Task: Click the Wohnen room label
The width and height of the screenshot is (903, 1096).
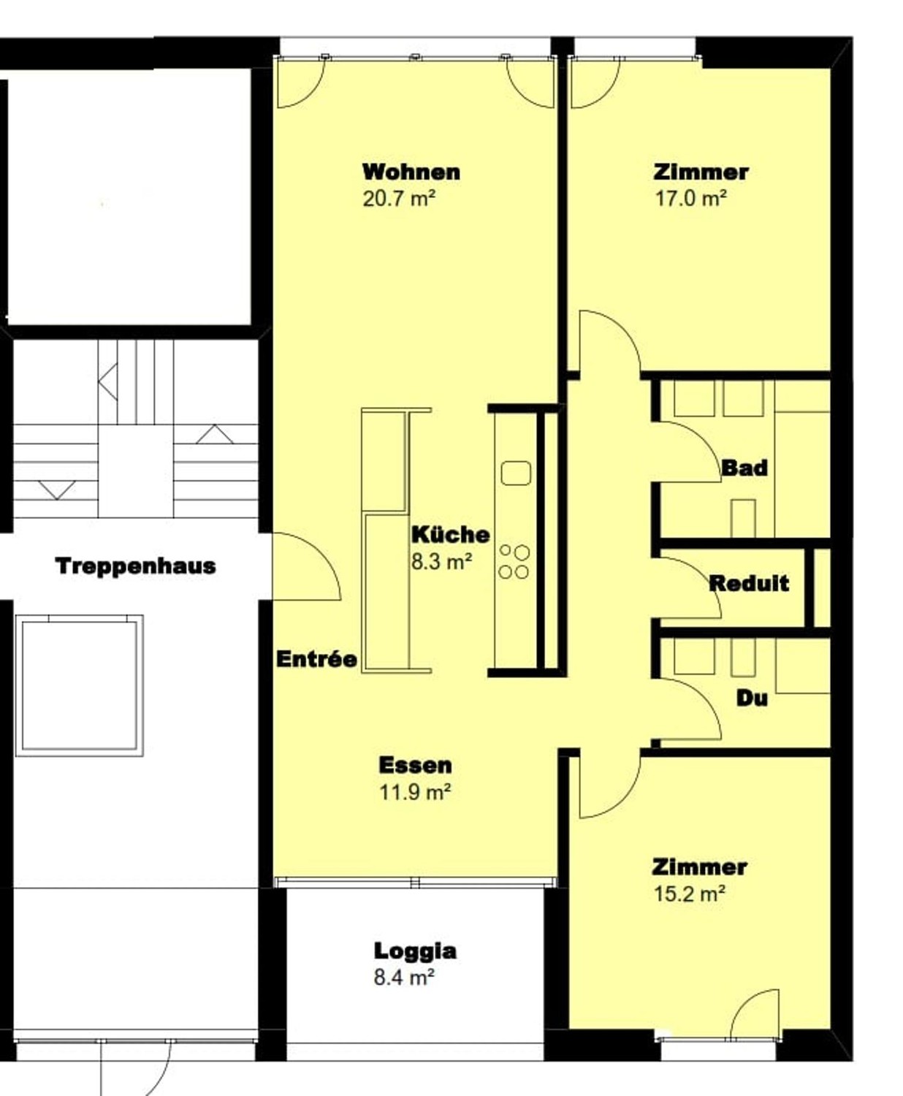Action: [411, 172]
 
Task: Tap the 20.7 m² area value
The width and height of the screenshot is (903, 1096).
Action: [399, 199]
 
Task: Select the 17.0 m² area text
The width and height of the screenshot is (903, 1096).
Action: [691, 199]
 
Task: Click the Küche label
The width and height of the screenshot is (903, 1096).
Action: [451, 534]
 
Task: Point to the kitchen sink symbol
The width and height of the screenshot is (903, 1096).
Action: [516, 473]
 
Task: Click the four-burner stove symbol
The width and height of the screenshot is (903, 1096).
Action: [514, 561]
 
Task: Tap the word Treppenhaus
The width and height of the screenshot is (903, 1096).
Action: [135, 566]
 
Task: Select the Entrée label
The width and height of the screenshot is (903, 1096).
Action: [316, 659]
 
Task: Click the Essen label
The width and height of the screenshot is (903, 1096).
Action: [415, 765]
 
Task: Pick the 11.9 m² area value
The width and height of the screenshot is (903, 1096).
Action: [415, 792]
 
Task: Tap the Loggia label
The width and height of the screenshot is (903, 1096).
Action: [415, 951]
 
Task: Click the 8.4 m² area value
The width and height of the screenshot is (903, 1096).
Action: [404, 978]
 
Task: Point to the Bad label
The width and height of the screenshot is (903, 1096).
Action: [744, 468]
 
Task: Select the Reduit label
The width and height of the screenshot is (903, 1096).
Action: [749, 583]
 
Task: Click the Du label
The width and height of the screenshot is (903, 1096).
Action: [752, 698]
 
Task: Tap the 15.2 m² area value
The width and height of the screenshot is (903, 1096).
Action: [690, 894]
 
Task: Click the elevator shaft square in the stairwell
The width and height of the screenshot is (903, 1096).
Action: [80, 685]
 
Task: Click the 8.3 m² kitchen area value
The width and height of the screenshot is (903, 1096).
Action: [441, 562]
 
